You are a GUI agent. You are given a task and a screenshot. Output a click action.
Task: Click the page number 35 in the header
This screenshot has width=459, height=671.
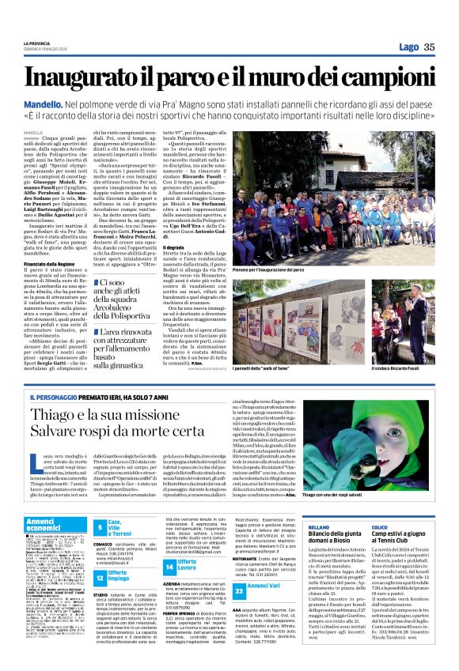429,47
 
